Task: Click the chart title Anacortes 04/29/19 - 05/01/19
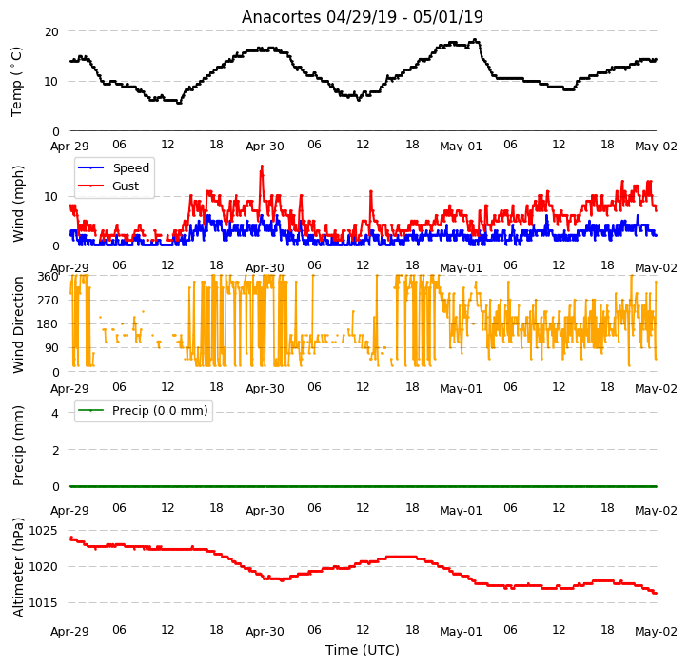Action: (x=362, y=17)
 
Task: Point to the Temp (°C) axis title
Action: (x=17, y=82)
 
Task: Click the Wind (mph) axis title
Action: (x=18, y=204)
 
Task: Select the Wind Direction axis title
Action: (x=18, y=324)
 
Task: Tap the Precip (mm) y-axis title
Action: (x=18, y=446)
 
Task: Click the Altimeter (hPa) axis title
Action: (x=18, y=567)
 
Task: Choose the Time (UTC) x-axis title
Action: (x=363, y=650)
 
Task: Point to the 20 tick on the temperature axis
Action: (x=51, y=32)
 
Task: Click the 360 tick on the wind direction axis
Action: (x=48, y=277)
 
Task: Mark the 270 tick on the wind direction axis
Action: (x=48, y=301)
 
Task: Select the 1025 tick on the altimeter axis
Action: (x=44, y=531)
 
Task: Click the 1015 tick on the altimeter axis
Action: (x=44, y=603)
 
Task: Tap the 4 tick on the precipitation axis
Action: (x=55, y=413)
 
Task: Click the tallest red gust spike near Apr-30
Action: (x=262, y=166)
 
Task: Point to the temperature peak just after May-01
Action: (x=475, y=40)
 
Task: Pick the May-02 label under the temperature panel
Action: (x=656, y=147)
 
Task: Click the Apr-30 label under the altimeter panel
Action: (x=265, y=632)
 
